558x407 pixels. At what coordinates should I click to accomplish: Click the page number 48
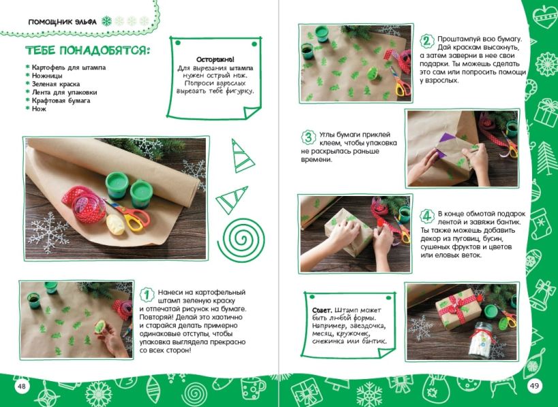point(22,386)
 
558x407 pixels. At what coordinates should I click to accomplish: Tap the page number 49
point(534,385)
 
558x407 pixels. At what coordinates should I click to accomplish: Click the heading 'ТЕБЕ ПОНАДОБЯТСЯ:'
point(87,50)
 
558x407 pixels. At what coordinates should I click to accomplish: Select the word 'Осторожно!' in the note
point(215,60)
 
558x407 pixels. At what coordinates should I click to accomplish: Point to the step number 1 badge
point(147,295)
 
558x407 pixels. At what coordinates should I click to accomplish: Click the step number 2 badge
point(427,42)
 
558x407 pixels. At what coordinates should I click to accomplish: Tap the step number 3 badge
point(309,137)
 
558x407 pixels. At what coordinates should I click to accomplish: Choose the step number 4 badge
point(427,216)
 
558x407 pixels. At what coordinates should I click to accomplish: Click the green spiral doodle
point(241,240)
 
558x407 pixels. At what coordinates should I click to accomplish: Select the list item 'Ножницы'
point(47,76)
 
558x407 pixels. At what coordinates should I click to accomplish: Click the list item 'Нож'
point(39,109)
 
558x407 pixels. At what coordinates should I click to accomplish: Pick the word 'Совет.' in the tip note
point(322,310)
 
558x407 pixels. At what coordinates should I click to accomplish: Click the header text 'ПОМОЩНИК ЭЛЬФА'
point(62,22)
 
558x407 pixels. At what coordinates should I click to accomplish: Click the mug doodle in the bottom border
point(253,388)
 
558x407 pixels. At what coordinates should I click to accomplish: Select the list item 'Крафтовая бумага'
point(61,101)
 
